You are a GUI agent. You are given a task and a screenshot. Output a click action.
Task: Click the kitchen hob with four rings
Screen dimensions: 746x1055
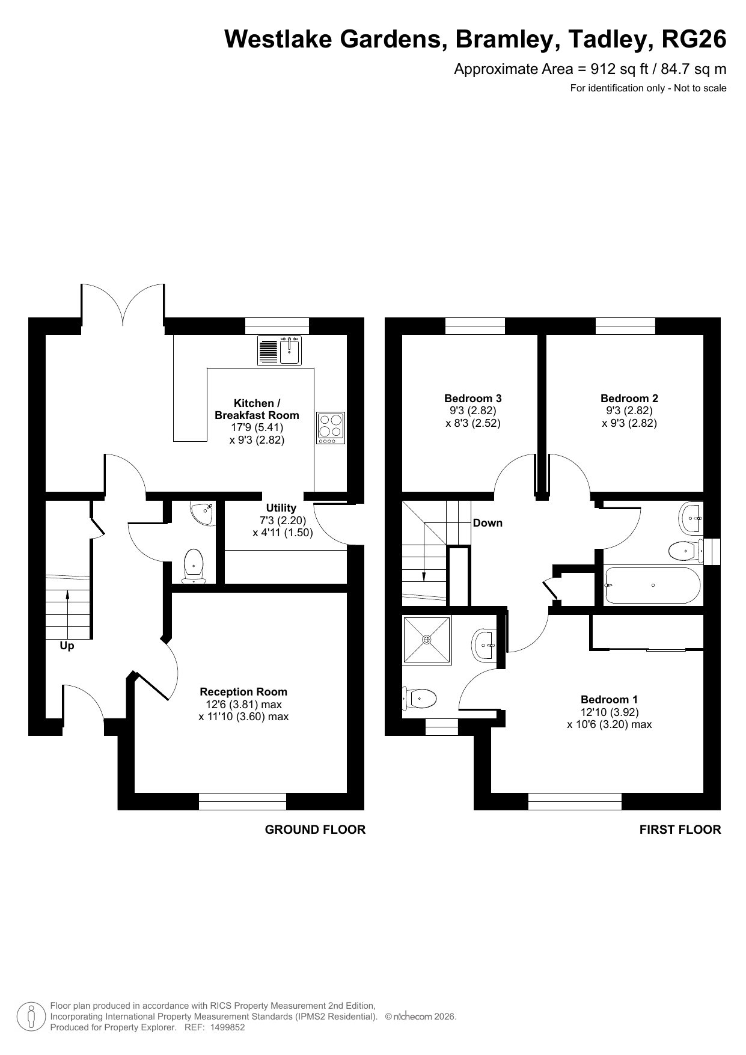331,428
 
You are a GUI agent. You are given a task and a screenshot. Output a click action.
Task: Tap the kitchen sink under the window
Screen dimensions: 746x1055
280,350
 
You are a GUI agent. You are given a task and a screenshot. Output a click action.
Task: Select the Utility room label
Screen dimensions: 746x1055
281,508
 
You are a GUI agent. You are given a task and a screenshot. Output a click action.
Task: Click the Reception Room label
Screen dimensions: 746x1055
243,692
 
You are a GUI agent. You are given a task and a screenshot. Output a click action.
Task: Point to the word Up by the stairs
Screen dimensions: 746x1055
67,646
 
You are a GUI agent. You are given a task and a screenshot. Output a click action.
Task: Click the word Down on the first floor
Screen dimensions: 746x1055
488,523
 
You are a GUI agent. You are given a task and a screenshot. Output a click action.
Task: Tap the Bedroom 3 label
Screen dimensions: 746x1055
473,398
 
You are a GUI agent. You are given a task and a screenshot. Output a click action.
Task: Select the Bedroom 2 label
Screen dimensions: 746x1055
629,398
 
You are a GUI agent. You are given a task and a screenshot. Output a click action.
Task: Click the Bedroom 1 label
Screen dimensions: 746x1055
610,699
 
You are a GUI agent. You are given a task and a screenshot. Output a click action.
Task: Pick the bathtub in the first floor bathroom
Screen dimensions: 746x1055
652,585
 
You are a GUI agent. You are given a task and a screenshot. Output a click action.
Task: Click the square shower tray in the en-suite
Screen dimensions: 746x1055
427,640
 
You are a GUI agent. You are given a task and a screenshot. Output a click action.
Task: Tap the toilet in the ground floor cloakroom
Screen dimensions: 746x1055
193,566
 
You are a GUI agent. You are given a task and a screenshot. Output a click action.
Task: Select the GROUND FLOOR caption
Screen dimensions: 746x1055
316,830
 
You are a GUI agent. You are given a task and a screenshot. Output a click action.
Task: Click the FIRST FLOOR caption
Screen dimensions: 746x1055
680,830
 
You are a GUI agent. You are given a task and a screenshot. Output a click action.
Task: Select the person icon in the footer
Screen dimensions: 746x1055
31,1016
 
